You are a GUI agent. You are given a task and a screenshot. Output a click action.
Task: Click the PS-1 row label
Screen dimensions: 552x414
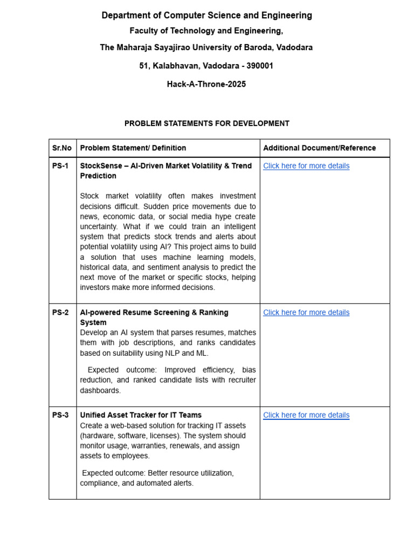tap(60, 166)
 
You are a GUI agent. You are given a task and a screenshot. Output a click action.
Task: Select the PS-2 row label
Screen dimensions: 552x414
tap(60, 313)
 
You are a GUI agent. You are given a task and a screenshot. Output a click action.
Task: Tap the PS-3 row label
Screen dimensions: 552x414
tap(60, 415)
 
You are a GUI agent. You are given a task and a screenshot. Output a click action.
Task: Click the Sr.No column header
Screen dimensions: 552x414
tap(62, 148)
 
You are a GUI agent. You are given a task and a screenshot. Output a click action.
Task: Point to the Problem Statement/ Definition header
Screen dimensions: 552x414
tap(133, 148)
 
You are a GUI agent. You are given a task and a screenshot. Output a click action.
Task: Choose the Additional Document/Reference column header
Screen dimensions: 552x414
tap(319, 148)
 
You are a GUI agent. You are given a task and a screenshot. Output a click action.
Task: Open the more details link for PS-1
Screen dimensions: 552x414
tap(306, 166)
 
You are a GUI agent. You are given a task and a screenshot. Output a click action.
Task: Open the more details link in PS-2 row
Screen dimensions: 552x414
tap(306, 313)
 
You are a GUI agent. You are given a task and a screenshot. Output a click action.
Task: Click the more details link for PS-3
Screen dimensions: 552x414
tap(306, 415)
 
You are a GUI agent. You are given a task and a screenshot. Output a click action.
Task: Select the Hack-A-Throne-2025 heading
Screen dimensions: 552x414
tap(206, 84)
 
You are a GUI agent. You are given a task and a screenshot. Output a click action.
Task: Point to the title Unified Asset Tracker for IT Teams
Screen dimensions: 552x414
tap(141, 415)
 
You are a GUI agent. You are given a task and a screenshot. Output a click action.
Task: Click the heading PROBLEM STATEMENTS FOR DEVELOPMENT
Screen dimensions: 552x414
tap(207, 123)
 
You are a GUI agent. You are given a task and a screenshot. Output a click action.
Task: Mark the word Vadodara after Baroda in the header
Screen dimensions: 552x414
tap(293, 47)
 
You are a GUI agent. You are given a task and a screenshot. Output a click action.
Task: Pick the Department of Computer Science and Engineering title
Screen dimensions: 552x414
tap(207, 16)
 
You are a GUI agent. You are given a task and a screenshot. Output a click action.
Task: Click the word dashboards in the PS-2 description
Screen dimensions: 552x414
tap(101, 390)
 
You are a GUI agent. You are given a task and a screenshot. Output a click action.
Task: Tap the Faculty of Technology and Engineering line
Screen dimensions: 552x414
tap(206, 31)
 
